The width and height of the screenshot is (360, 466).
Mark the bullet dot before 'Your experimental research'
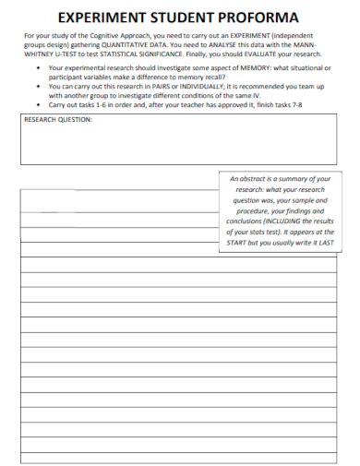coord(36,69)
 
